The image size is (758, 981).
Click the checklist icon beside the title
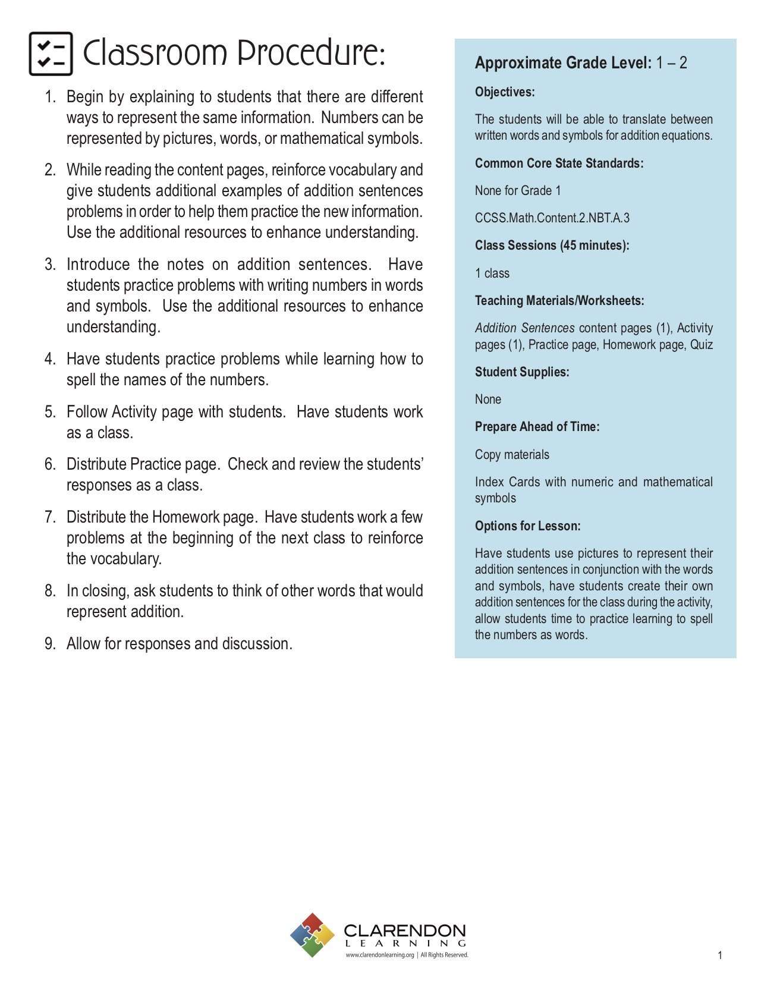tap(51, 54)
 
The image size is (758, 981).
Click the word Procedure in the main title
tap(312, 54)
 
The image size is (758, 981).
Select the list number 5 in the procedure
tap(50, 412)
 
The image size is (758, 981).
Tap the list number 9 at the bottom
tap(50, 644)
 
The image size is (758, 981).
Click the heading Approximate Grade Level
tap(563, 63)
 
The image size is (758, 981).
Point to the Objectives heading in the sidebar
tap(505, 92)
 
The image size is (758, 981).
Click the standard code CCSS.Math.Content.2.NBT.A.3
tap(552, 218)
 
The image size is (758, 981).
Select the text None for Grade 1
tap(517, 191)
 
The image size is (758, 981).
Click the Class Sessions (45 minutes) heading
tap(552, 246)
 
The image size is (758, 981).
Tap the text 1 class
tap(492, 273)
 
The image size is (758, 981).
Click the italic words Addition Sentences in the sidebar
tap(524, 328)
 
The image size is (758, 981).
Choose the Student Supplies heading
tap(521, 372)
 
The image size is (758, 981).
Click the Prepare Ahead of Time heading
tap(537, 427)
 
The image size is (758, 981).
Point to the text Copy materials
tap(511, 455)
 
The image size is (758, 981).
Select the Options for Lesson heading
tap(527, 526)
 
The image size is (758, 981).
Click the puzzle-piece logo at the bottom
tap(312, 935)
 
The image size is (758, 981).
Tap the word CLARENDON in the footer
tap(404, 930)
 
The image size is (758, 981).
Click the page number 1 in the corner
tap(719, 955)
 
